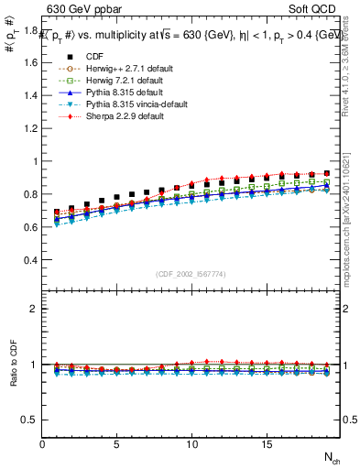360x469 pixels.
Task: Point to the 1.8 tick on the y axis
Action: pos(30,30)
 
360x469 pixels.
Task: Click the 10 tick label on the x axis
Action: pos(191,444)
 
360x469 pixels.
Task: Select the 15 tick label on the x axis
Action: pos(266,444)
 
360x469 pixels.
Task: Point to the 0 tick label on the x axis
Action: pos(43,444)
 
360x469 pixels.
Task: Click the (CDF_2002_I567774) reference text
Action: pos(191,274)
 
